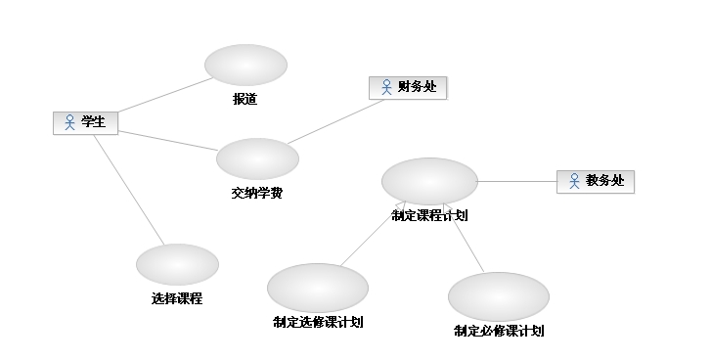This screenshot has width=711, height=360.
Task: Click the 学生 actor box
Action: pyautogui.click(x=85, y=123)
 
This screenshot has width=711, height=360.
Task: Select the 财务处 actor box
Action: pyautogui.click(x=408, y=87)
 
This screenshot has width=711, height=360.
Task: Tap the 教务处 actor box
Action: pyautogui.click(x=596, y=182)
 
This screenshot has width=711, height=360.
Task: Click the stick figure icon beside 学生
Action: pyautogui.click(x=69, y=122)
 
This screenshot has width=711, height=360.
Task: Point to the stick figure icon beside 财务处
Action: pyautogui.click(x=386, y=87)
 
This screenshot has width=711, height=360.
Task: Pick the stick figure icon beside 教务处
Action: pyautogui.click(x=574, y=181)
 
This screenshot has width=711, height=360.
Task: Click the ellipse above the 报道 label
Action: pyautogui.click(x=245, y=65)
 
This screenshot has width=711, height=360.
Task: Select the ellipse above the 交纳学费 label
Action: pyautogui.click(x=257, y=158)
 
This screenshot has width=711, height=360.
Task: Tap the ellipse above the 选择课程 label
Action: pyautogui.click(x=177, y=264)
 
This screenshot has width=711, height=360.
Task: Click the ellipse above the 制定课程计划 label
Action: pyautogui.click(x=430, y=181)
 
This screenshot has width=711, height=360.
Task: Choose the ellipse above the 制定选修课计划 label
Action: pyautogui.click(x=318, y=288)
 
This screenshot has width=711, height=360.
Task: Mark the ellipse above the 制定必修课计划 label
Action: pyautogui.click(x=499, y=296)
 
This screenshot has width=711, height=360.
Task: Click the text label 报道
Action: pyautogui.click(x=245, y=99)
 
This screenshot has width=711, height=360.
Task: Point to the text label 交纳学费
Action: pyautogui.click(x=257, y=193)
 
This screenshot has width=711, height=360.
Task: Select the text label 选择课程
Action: pyautogui.click(x=177, y=298)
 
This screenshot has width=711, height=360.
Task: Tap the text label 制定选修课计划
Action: pyautogui.click(x=318, y=322)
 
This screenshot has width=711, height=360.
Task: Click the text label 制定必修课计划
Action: pyautogui.click(x=499, y=331)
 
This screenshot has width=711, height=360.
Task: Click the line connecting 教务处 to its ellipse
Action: pyautogui.click(x=517, y=181)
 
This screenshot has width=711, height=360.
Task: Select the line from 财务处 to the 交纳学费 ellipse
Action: pyautogui.click(x=336, y=121)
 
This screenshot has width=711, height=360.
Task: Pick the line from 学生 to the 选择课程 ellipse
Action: pyautogui.click(x=129, y=190)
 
